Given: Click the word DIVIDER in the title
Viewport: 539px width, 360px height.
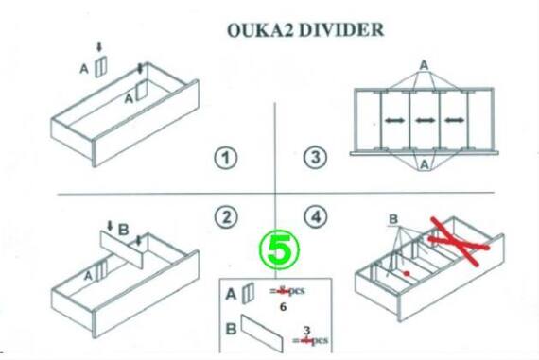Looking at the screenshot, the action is point(341,30).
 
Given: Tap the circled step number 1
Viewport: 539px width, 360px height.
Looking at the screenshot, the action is point(226,158).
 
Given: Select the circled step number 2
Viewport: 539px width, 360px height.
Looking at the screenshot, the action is point(226,217).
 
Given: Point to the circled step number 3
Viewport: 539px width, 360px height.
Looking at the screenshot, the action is point(315,158).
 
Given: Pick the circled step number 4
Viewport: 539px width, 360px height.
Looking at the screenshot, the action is point(316,216).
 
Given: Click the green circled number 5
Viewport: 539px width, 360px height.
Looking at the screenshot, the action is point(279,249).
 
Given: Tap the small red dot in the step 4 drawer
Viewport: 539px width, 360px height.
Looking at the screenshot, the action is point(407,273).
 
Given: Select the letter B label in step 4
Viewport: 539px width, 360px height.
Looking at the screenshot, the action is point(393,219).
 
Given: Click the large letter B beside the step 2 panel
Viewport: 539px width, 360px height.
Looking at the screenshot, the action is point(123,230).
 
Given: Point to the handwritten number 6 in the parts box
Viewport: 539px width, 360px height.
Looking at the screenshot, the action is point(283,307).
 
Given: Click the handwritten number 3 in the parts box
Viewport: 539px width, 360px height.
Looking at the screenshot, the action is point(307,331).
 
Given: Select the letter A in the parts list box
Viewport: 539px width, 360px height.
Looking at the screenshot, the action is point(231,295).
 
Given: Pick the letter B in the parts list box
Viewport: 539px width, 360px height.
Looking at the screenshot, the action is point(231,329).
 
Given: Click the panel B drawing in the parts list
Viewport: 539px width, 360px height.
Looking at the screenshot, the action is point(262,334).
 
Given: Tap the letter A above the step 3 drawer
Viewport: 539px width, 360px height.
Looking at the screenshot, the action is point(425,65).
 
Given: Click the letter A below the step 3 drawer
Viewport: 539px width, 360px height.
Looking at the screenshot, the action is point(425,165).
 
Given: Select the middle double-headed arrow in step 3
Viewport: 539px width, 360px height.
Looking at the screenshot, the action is point(426,120).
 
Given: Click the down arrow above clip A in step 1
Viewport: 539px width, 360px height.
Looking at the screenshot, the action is point(99,46).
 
